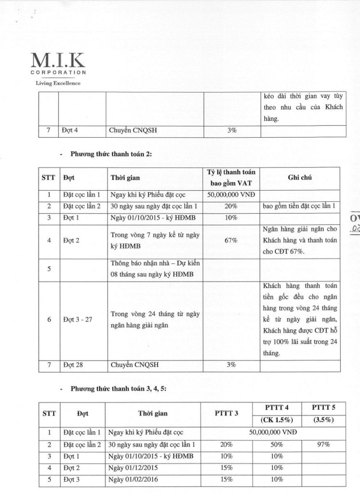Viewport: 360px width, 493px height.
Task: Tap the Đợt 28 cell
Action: click(73, 365)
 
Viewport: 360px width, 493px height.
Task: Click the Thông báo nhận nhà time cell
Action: click(154, 269)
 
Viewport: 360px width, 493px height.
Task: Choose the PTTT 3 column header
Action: click(227, 413)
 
